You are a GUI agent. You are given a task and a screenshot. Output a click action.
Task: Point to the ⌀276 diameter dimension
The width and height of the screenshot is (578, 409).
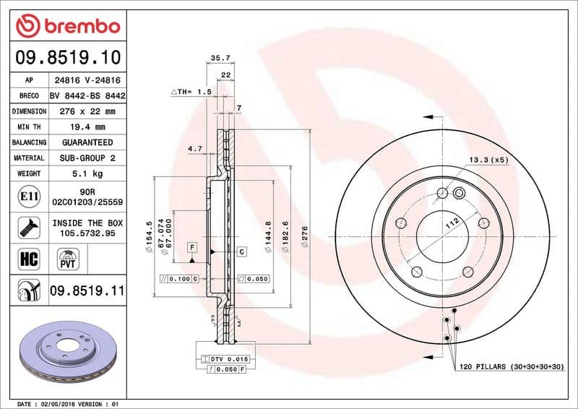coord(305,238)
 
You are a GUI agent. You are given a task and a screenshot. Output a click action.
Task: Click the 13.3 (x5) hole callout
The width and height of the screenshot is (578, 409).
coord(488,160)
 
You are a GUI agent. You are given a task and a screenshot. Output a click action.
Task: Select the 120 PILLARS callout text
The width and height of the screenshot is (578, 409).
coord(511,368)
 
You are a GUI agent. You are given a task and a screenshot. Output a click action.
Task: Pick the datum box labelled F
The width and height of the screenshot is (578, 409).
coord(192,248)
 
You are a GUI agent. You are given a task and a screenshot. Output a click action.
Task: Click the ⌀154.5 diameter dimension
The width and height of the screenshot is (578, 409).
coord(150,234)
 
